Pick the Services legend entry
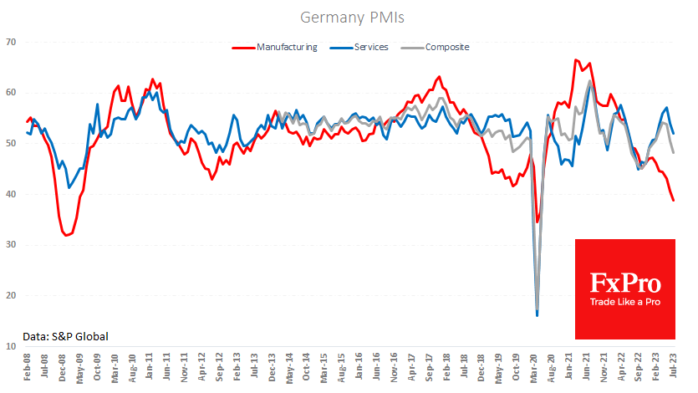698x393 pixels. [x=370, y=47]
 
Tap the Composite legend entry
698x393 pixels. [x=447, y=47]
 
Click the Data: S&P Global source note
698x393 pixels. [x=65, y=336]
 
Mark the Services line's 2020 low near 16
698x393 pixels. [x=537, y=315]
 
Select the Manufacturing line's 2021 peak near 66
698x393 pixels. [x=576, y=60]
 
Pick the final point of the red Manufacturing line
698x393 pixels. [x=674, y=201]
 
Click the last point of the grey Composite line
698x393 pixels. [x=674, y=152]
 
